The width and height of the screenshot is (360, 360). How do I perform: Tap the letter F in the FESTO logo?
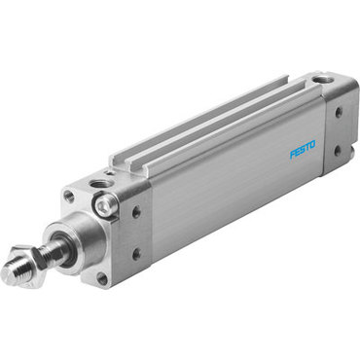(x=293, y=155)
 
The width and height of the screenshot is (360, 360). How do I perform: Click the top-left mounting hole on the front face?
(x=68, y=196)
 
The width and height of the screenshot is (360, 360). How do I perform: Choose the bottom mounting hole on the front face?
(x=102, y=278)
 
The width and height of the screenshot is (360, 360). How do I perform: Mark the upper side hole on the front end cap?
(x=135, y=210)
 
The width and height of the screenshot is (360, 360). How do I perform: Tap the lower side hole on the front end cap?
(x=135, y=254)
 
